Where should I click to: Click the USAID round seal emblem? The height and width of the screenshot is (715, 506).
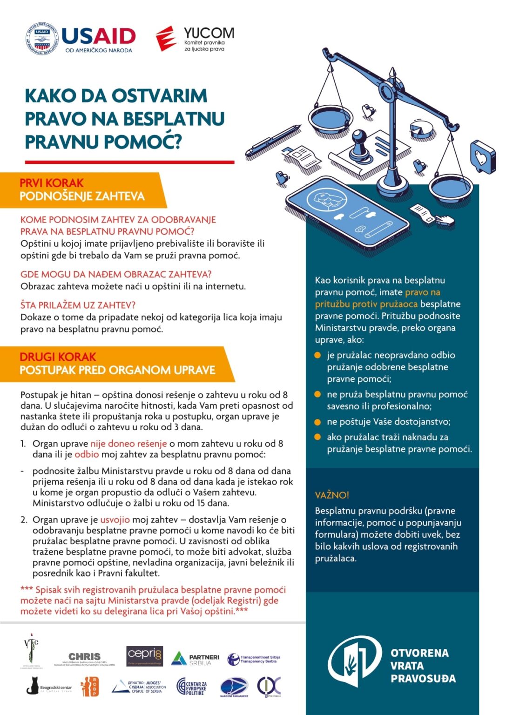point(42,38)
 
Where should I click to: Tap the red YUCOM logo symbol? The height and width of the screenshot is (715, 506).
point(166,38)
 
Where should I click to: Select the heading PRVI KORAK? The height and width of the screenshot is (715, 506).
point(52,183)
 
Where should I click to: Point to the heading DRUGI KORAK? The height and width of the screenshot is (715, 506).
point(58,357)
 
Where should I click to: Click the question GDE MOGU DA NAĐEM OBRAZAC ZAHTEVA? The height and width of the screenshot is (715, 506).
point(116,275)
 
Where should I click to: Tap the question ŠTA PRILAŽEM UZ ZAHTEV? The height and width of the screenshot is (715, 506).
point(78,305)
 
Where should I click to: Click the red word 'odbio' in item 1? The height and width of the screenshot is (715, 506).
point(87,454)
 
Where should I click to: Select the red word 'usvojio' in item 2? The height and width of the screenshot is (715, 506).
point(115,519)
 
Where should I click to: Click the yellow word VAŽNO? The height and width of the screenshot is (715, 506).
point(332,495)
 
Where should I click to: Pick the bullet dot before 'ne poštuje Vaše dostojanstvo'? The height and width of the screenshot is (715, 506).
point(318,422)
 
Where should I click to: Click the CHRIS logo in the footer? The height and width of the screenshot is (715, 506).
point(84,658)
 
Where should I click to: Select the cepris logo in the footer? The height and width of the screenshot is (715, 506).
point(144,656)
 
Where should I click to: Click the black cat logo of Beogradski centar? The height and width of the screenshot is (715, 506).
point(32,686)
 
